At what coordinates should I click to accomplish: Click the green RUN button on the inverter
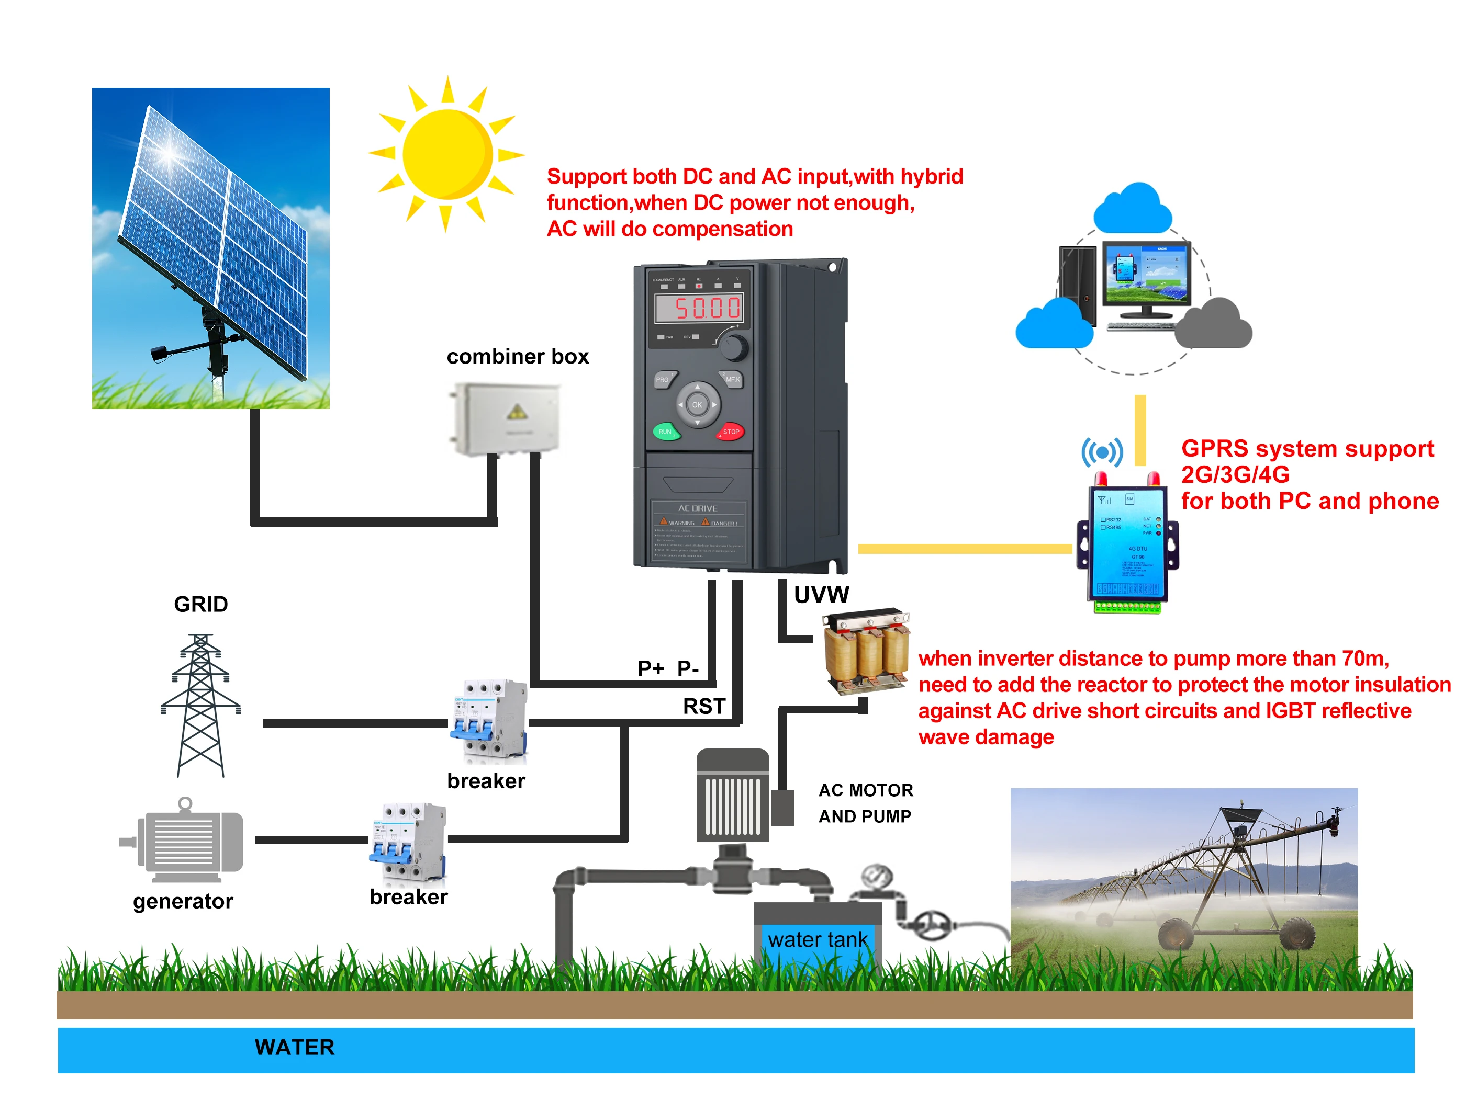665,432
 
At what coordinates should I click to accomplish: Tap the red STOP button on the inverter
730,432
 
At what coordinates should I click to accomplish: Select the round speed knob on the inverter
734,346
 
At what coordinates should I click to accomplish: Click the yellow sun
447,154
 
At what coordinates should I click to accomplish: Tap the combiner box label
518,356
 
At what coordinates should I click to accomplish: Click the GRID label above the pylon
201,604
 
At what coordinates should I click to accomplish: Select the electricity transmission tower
201,705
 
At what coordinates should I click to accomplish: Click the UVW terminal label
821,595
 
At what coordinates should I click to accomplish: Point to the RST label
704,706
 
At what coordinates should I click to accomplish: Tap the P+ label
650,668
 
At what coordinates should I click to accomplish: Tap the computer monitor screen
1146,273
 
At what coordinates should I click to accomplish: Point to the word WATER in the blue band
295,1047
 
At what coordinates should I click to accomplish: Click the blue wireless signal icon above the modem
1102,452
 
